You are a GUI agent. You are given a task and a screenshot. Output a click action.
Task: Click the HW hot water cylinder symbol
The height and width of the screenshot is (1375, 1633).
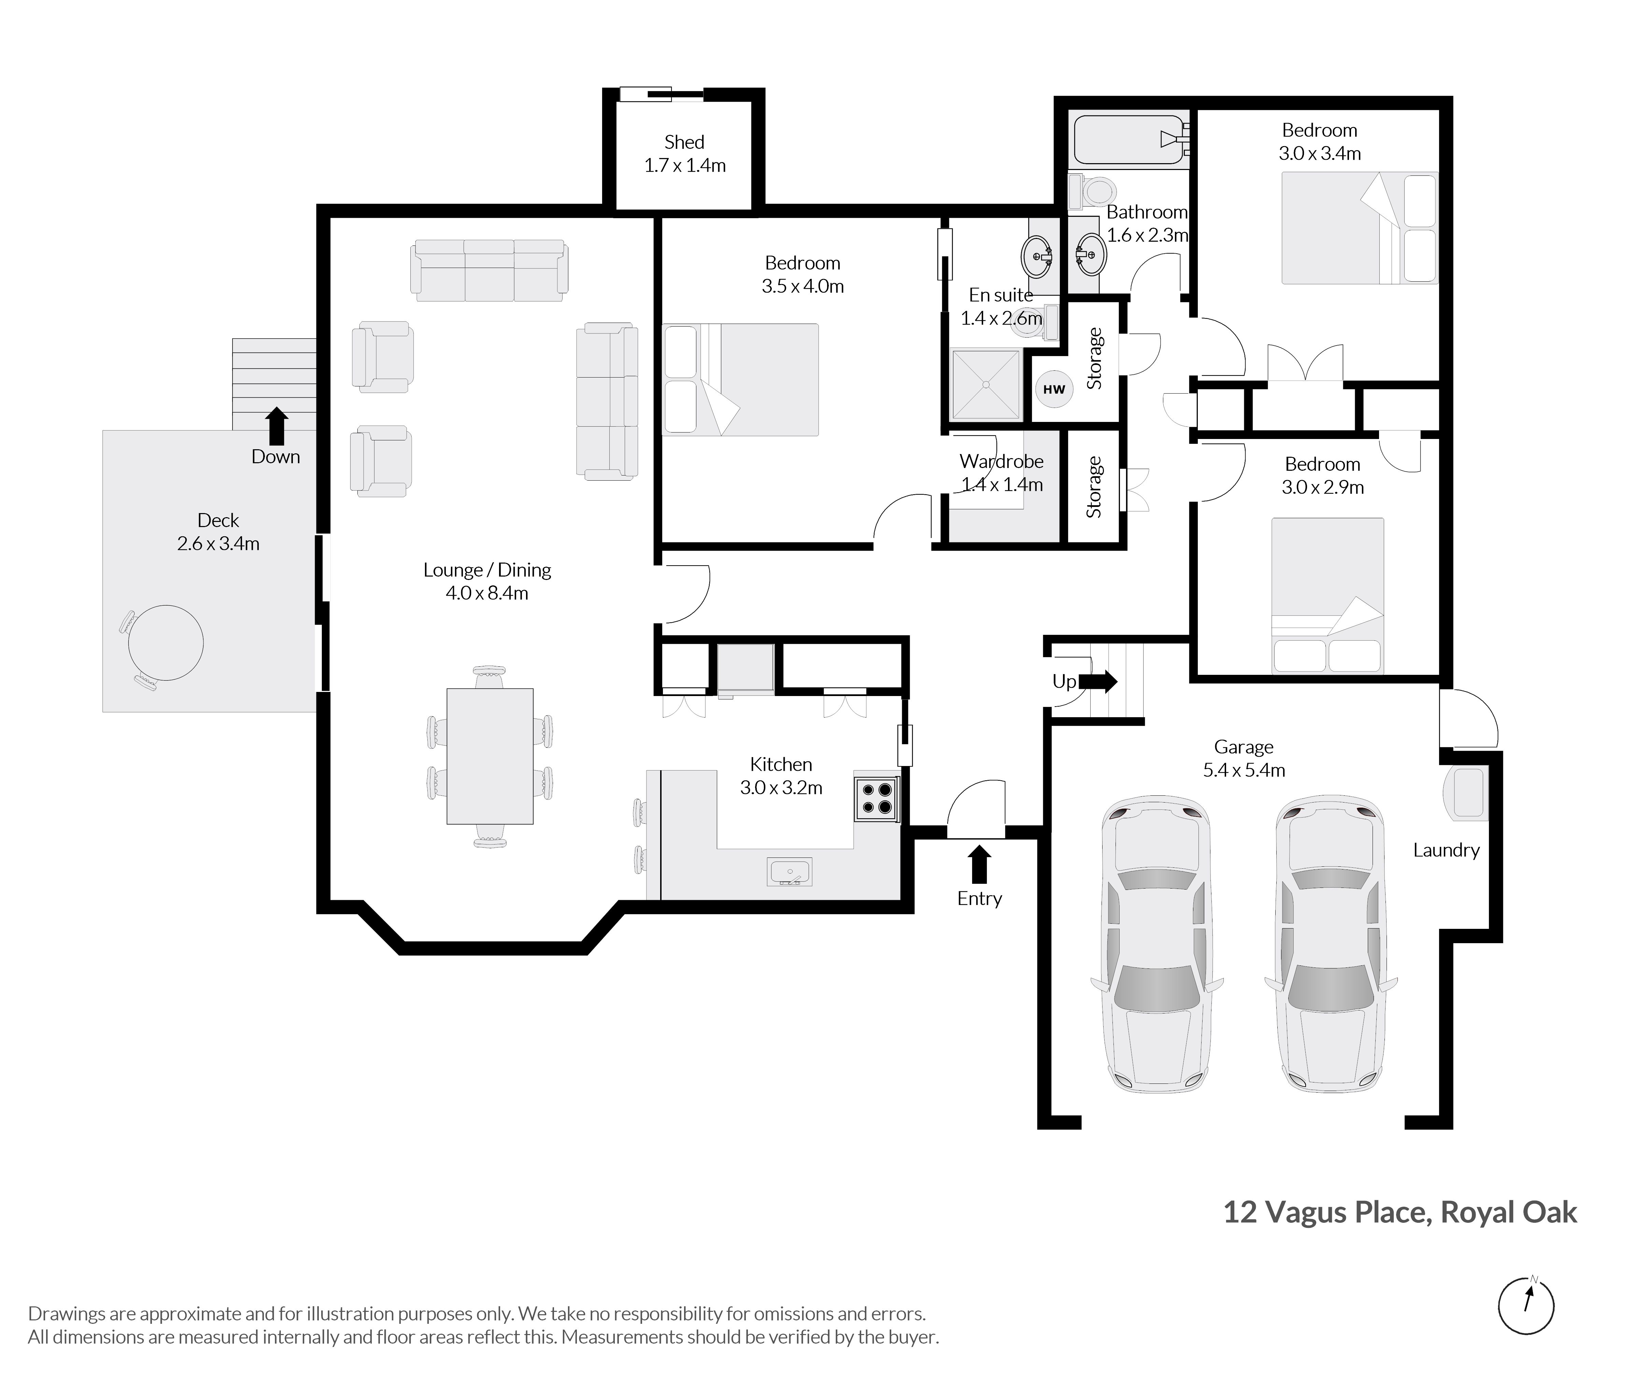point(1054,389)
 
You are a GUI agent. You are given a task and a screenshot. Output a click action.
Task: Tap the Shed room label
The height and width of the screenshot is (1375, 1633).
point(684,142)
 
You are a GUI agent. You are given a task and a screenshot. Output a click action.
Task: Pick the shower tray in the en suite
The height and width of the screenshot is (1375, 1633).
point(986,384)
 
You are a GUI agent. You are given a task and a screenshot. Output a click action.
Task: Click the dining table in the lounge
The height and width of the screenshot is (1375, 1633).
point(489,756)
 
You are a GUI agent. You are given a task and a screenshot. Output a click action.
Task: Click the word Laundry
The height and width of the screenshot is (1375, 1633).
point(1446,850)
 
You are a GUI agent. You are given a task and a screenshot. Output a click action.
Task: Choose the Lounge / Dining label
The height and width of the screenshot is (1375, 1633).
point(487,570)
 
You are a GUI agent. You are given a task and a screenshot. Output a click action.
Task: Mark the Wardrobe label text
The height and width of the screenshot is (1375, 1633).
point(1002,462)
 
